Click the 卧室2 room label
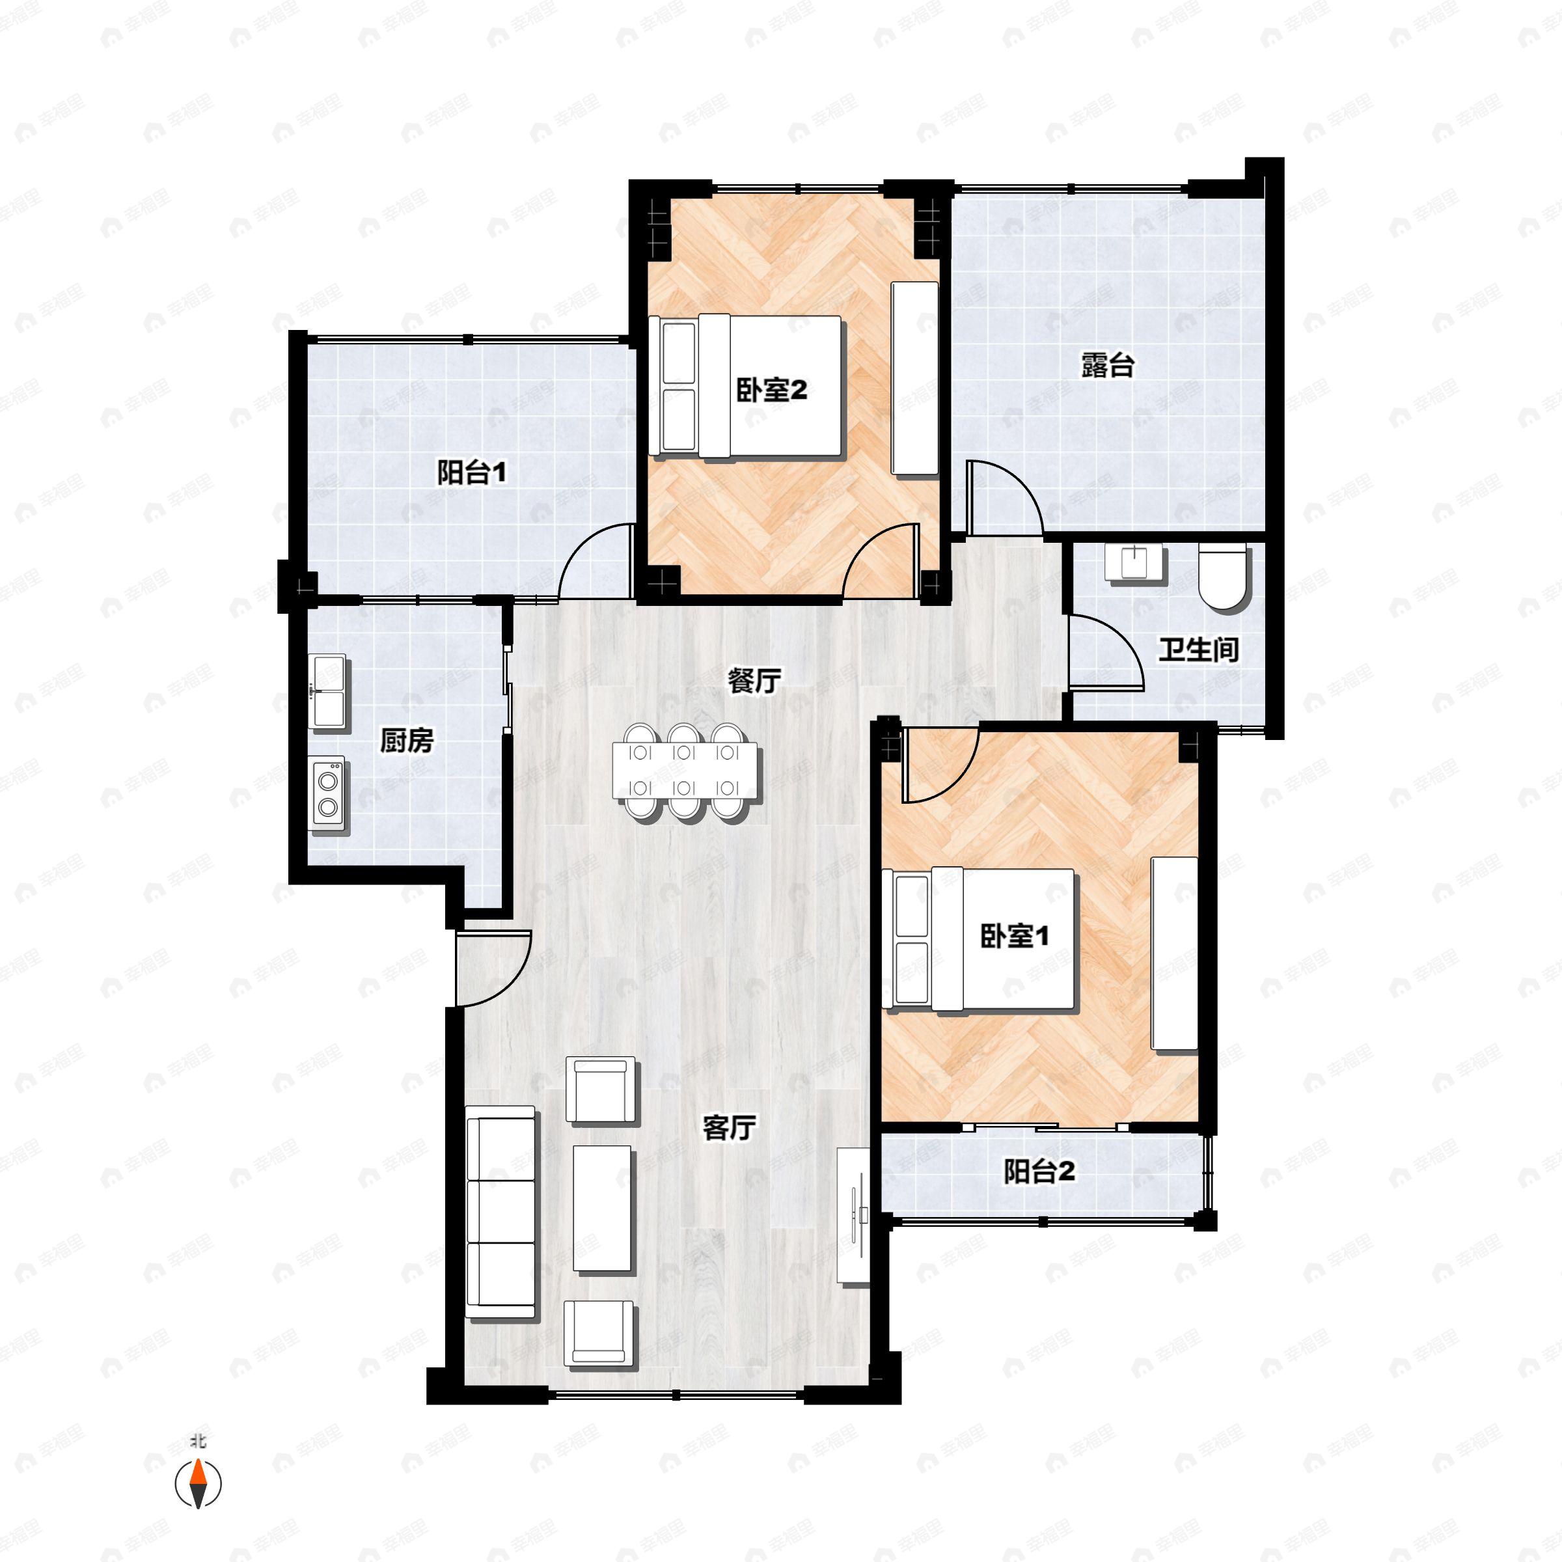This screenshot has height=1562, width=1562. pos(771,391)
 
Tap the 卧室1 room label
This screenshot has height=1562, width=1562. pos(1015,937)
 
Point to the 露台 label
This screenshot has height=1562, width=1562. pos(1108,365)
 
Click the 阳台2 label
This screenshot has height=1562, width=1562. pos(1040,1171)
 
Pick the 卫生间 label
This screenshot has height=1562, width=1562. pos(1199,650)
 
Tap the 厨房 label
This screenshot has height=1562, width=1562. pos(407,740)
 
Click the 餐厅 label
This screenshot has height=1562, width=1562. pos(754,681)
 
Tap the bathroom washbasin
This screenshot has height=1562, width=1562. pos(1135,563)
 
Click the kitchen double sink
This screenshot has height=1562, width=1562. pos(329,691)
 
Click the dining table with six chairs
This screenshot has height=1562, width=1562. pos(687,772)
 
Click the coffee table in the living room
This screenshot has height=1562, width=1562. pos(602,1209)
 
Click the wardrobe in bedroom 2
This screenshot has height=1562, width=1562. pos(915,378)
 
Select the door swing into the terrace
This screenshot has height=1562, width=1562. pos(1005,497)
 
